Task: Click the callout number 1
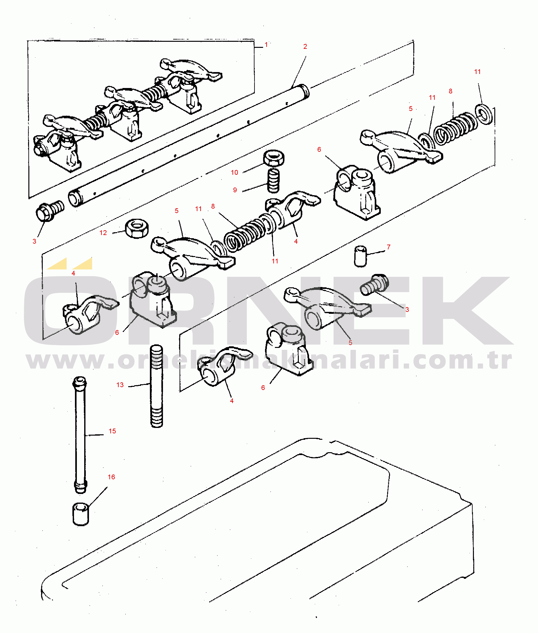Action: (x=266, y=45)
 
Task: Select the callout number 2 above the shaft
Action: (x=305, y=47)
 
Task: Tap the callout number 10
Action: (x=234, y=173)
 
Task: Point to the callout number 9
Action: (x=235, y=190)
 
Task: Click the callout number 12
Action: (x=103, y=233)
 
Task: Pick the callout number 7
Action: (x=388, y=247)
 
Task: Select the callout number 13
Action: (x=120, y=385)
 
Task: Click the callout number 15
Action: (x=112, y=431)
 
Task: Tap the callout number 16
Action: (x=111, y=477)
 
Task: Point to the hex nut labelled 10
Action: (x=274, y=158)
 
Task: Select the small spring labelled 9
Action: (x=273, y=180)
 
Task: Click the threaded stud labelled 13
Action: (x=156, y=386)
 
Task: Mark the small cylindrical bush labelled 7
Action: (x=360, y=256)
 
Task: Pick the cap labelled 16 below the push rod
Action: (x=81, y=514)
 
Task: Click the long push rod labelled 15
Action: (x=80, y=435)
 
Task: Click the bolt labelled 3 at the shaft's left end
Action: (x=50, y=211)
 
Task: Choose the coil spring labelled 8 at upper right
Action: (x=455, y=129)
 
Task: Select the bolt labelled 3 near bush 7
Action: (x=374, y=284)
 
